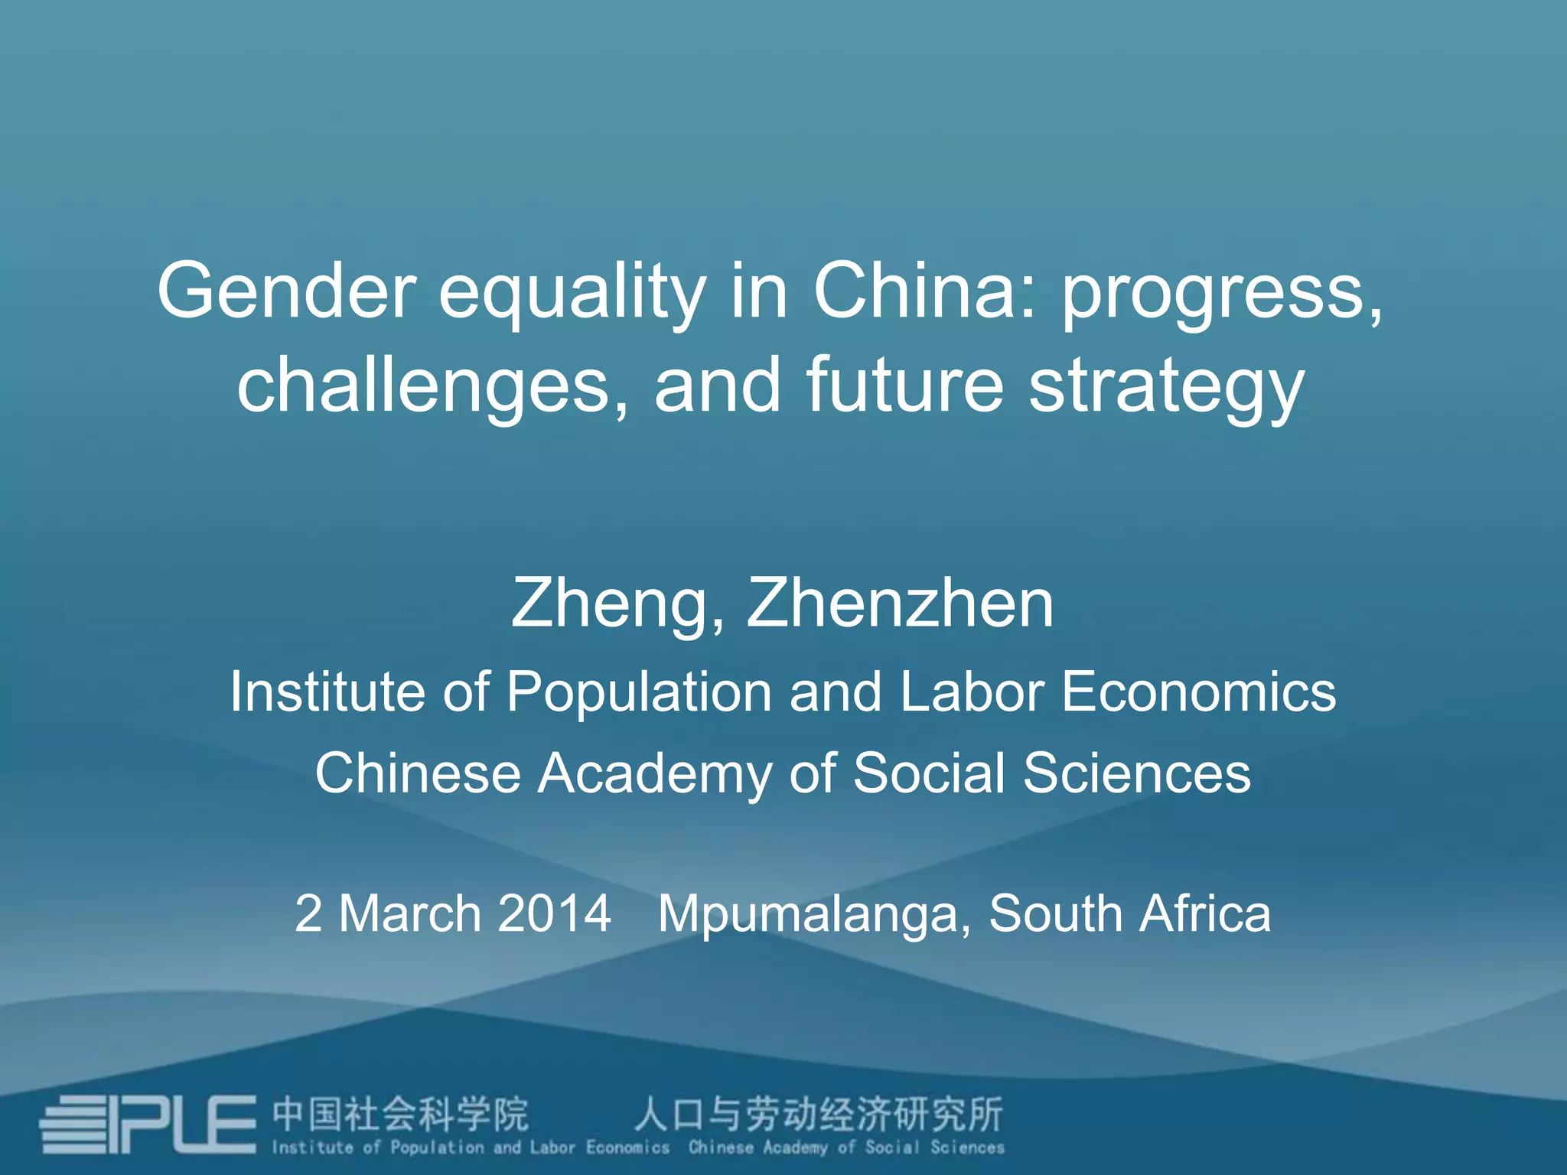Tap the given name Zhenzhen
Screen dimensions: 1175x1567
(900, 604)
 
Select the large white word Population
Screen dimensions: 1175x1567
(639, 692)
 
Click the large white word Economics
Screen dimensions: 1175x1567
(1198, 692)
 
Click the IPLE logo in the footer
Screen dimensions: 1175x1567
(148, 1125)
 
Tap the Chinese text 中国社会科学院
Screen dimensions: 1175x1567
(400, 1115)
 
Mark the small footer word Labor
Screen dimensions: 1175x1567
(552, 1147)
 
